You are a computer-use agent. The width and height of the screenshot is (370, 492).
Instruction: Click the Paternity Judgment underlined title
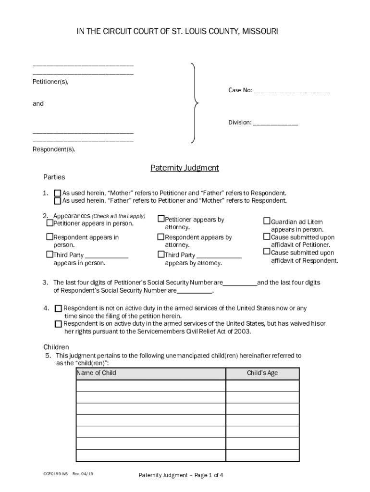click(x=185, y=168)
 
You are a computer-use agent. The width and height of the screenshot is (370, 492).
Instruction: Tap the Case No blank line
click(x=292, y=91)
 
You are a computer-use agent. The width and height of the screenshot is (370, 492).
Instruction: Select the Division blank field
click(x=275, y=123)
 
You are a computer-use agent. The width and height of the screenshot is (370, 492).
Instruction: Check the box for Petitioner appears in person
click(x=49, y=223)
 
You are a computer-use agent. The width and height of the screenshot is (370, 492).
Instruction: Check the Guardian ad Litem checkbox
click(x=267, y=221)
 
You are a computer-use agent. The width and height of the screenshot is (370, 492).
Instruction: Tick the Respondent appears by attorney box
click(x=161, y=237)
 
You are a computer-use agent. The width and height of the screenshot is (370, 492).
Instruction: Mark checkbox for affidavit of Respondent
click(x=267, y=251)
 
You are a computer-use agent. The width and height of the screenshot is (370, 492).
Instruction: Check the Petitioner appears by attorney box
click(x=161, y=219)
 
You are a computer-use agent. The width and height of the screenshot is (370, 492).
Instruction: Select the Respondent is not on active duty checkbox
click(x=58, y=308)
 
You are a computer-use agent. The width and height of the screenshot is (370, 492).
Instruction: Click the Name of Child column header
click(x=96, y=373)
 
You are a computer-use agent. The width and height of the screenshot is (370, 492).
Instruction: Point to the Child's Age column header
click(x=262, y=373)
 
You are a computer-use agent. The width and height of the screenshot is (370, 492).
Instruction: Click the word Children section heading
click(x=56, y=347)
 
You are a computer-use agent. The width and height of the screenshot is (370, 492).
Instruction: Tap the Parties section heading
click(x=54, y=177)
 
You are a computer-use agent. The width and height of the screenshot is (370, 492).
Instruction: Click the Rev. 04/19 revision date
click(x=83, y=474)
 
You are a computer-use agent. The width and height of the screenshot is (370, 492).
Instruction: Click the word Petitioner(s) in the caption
click(x=50, y=82)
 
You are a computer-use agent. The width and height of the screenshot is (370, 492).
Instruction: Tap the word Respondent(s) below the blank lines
click(x=54, y=149)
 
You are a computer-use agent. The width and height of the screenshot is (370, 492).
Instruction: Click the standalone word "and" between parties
click(x=38, y=104)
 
